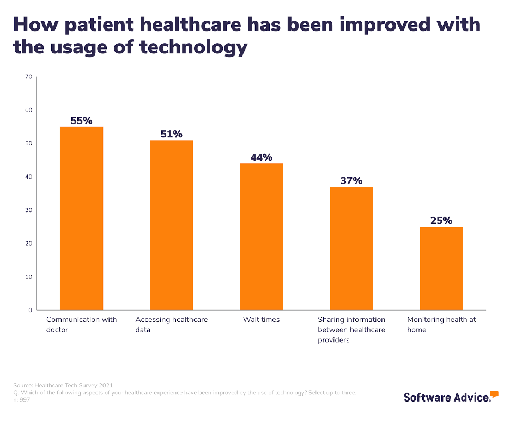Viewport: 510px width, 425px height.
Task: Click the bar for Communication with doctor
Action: [81, 218]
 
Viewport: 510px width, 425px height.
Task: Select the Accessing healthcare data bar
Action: [171, 224]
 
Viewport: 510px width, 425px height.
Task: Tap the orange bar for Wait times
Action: [261, 236]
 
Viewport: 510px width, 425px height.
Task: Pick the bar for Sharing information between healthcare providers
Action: [351, 248]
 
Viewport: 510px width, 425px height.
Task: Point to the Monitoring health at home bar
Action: [441, 268]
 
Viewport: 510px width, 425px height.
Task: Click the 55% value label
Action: [81, 120]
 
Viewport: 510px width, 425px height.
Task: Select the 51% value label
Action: [171, 133]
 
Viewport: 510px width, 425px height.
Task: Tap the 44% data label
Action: [261, 157]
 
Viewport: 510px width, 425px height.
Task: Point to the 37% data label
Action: [351, 180]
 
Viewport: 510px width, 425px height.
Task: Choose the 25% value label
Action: [441, 221]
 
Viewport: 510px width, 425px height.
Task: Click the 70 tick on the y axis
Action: [28, 77]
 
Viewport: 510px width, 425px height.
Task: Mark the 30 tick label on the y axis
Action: [28, 210]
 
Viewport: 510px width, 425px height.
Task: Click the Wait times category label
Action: [261, 319]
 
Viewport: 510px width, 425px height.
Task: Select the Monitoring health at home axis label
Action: [441, 324]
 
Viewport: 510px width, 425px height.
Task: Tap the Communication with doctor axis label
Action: [81, 324]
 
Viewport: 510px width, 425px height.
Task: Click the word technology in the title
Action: [193, 48]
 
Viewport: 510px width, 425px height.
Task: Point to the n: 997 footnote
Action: [22, 400]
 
